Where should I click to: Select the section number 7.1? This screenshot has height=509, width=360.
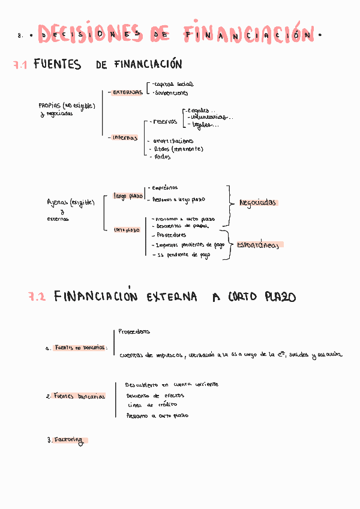[20, 65]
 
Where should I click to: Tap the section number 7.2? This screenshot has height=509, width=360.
[37, 297]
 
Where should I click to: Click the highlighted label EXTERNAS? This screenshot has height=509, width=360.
[127, 92]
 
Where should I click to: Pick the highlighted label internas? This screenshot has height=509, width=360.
[125, 137]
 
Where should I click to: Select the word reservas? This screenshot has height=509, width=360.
[165, 122]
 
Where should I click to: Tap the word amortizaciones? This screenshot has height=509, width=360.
[178, 140]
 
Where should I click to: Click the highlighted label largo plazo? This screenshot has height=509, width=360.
[128, 196]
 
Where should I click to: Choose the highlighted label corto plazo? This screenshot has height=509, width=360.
[127, 229]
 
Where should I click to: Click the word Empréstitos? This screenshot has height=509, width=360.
[165, 188]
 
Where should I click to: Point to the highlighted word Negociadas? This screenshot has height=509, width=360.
[257, 203]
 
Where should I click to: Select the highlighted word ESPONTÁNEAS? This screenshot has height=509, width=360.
[258, 245]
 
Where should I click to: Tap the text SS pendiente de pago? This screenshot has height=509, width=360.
[184, 254]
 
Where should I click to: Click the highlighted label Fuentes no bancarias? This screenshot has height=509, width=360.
[79, 348]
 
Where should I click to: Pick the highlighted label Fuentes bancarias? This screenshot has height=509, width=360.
[79, 396]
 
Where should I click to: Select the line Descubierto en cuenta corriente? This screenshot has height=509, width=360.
[172, 384]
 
